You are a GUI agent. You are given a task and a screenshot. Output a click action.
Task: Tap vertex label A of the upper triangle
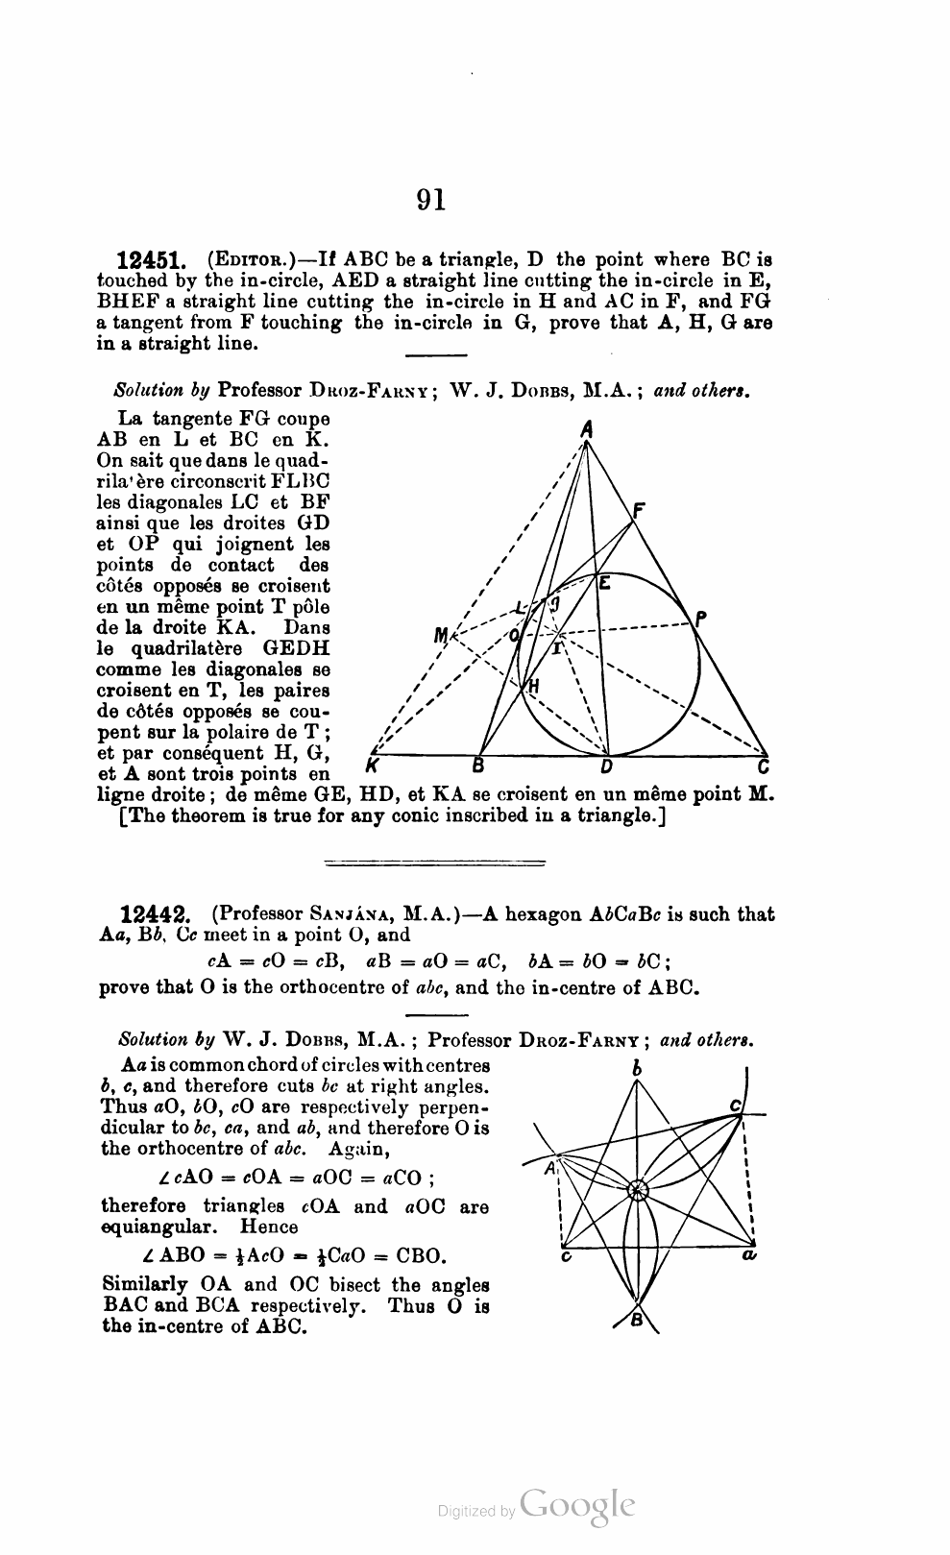point(585,430)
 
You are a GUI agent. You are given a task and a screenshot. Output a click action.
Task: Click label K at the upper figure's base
point(371,766)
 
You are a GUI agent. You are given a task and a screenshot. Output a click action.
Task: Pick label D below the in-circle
point(606,767)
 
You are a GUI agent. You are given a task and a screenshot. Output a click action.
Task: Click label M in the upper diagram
point(441,635)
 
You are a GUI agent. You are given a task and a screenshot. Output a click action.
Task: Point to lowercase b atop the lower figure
point(636,1067)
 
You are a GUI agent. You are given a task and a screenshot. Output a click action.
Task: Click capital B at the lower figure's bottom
point(636,1321)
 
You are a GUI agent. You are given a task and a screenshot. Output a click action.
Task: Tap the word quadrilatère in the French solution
point(189,648)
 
